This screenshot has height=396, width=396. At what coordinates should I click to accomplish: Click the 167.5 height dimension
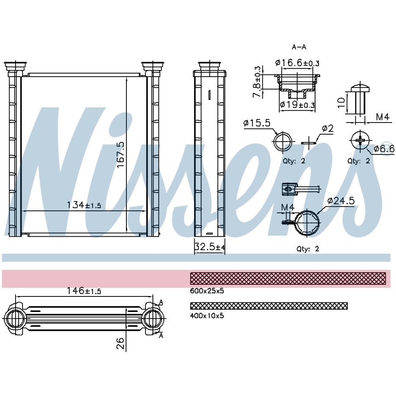click(x=121, y=155)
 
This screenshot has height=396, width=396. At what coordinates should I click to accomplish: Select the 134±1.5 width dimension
click(x=84, y=205)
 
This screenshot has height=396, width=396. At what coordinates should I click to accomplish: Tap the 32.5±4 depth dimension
click(x=209, y=247)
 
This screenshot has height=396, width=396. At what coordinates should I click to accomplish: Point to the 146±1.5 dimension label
click(x=84, y=291)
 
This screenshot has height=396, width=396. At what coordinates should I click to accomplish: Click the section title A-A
click(x=299, y=47)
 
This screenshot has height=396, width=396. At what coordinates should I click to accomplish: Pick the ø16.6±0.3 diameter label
click(x=297, y=62)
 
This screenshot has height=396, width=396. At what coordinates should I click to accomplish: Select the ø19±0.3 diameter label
click(x=297, y=104)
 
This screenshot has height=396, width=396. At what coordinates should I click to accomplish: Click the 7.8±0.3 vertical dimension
click(x=257, y=82)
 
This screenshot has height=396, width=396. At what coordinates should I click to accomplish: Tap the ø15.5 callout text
click(x=257, y=123)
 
